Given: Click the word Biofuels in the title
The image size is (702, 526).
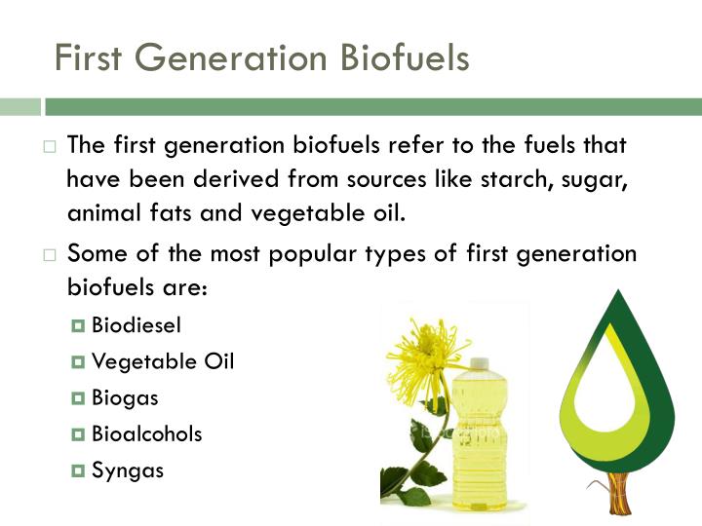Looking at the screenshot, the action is click(405, 57).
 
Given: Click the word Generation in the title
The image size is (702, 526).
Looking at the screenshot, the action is click(231, 57).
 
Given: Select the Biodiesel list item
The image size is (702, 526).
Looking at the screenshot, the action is click(136, 324).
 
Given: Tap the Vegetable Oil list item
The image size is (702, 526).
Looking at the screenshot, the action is click(163, 361).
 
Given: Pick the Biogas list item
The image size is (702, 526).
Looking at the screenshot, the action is click(125, 398).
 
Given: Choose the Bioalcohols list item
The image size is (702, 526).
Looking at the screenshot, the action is click(147, 433).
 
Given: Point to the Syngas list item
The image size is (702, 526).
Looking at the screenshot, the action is click(128, 470).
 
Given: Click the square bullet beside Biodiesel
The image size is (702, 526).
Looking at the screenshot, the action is click(78, 325).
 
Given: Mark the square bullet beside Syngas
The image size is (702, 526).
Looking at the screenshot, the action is click(78, 470).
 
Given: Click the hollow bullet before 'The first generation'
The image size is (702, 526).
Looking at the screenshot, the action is click(50, 147).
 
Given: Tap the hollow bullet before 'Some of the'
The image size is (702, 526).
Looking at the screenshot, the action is click(50, 255).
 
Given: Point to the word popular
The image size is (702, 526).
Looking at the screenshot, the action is click(313, 254).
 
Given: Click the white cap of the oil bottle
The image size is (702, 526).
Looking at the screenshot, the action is click(479, 362).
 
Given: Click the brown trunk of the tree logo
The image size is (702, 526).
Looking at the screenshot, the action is click(619, 493).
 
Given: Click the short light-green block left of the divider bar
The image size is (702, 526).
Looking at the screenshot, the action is click(20, 107).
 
